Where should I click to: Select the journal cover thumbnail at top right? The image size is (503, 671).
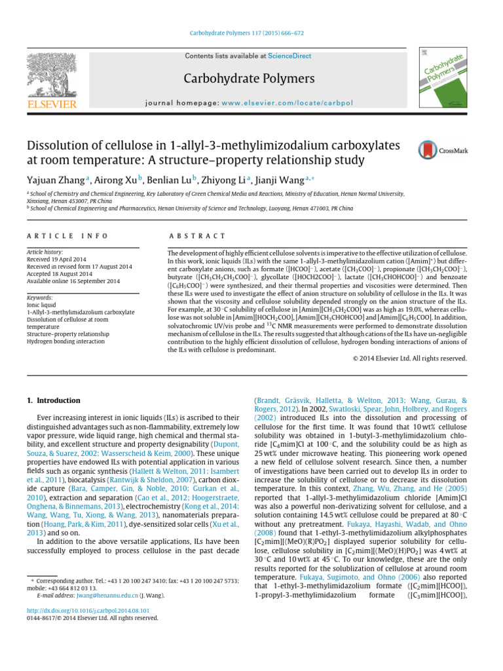tap(441, 77)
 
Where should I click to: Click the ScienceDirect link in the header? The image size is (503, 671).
tap(289, 56)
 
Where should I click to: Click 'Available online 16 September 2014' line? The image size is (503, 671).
tap(73, 281)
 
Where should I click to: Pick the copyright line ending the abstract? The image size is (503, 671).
tap(409, 358)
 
